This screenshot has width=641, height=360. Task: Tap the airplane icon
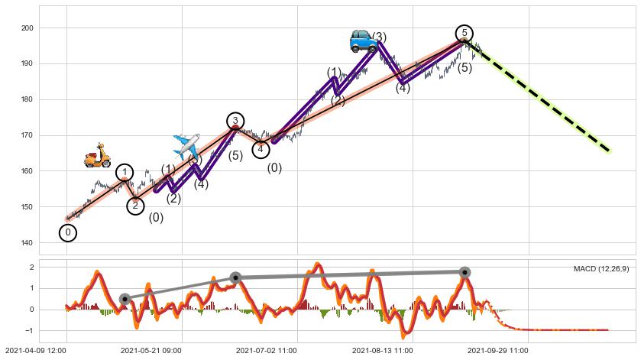click(x=186, y=145)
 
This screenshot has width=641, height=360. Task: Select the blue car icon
click(x=363, y=41)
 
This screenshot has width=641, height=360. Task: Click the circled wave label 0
click(x=68, y=232)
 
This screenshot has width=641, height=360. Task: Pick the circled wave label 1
click(x=125, y=173)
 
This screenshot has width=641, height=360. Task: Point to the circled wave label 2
click(x=135, y=206)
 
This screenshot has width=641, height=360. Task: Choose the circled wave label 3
click(x=235, y=121)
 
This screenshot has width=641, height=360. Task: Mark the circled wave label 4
click(x=261, y=149)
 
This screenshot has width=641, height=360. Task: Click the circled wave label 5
click(x=464, y=33)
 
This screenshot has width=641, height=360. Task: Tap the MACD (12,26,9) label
click(x=601, y=268)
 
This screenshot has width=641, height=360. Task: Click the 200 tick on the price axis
click(x=28, y=28)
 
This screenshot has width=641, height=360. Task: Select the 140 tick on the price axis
click(x=28, y=243)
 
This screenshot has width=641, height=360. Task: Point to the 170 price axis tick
click(x=28, y=136)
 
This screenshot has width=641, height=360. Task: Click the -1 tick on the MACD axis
click(x=30, y=331)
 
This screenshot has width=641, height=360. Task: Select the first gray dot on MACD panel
click(x=125, y=299)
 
